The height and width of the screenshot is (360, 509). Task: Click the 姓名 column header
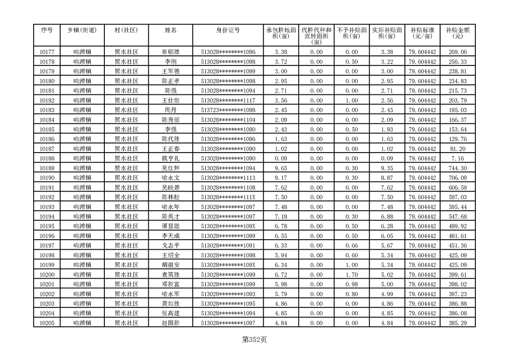coord(171,30)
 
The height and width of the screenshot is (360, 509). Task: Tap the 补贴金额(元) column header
coord(457,33)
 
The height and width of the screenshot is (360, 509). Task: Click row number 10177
coord(47,52)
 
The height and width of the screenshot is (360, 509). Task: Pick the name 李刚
coord(171,62)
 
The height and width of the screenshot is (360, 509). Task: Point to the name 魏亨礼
coord(171,158)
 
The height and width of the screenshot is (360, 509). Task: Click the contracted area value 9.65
coord(281,168)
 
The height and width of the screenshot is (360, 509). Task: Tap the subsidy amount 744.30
coord(457,168)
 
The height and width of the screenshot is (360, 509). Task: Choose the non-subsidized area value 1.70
coord(352,275)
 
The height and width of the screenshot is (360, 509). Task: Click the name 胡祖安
coord(171,265)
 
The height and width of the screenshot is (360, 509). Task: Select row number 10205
coord(47,323)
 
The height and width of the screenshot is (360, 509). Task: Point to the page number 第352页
coord(254,340)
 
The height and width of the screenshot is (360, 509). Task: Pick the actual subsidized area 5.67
coord(387,246)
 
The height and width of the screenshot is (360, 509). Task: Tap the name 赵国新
coord(171,323)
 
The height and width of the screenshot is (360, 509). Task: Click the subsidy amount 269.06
coord(457,52)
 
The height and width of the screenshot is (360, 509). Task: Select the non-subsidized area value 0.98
coord(352,284)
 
